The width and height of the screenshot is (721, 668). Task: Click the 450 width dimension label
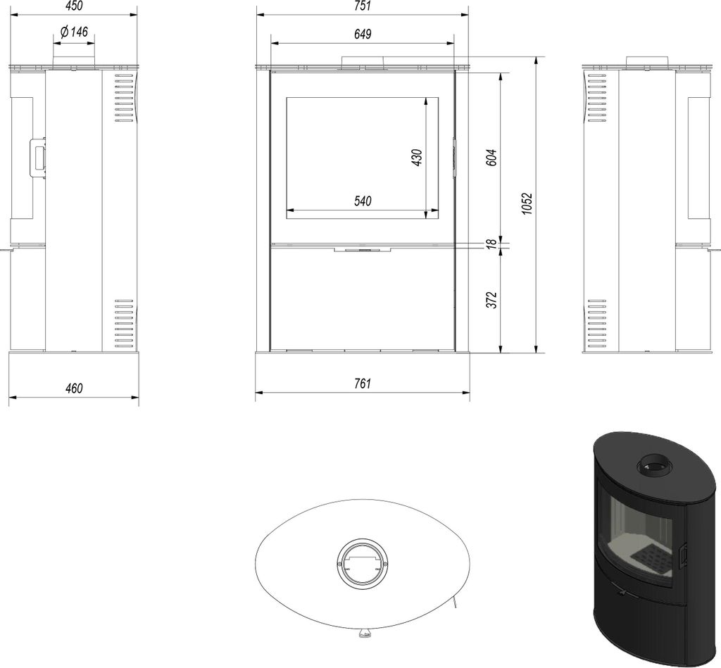[x=73, y=6]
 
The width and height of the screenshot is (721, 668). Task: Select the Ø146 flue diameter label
[x=73, y=32]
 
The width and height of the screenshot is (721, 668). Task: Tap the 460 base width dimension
[x=73, y=389]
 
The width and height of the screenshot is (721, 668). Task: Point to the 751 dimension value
[x=363, y=6]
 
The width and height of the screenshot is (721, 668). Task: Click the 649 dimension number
[x=363, y=34]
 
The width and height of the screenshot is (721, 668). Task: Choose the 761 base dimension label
[x=363, y=384]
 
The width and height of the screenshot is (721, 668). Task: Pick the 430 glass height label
[x=417, y=157]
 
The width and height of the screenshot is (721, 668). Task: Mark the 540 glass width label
[x=363, y=201]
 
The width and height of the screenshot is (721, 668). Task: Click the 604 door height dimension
[x=491, y=157]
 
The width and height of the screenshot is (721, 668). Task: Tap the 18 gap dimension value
[x=491, y=244]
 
